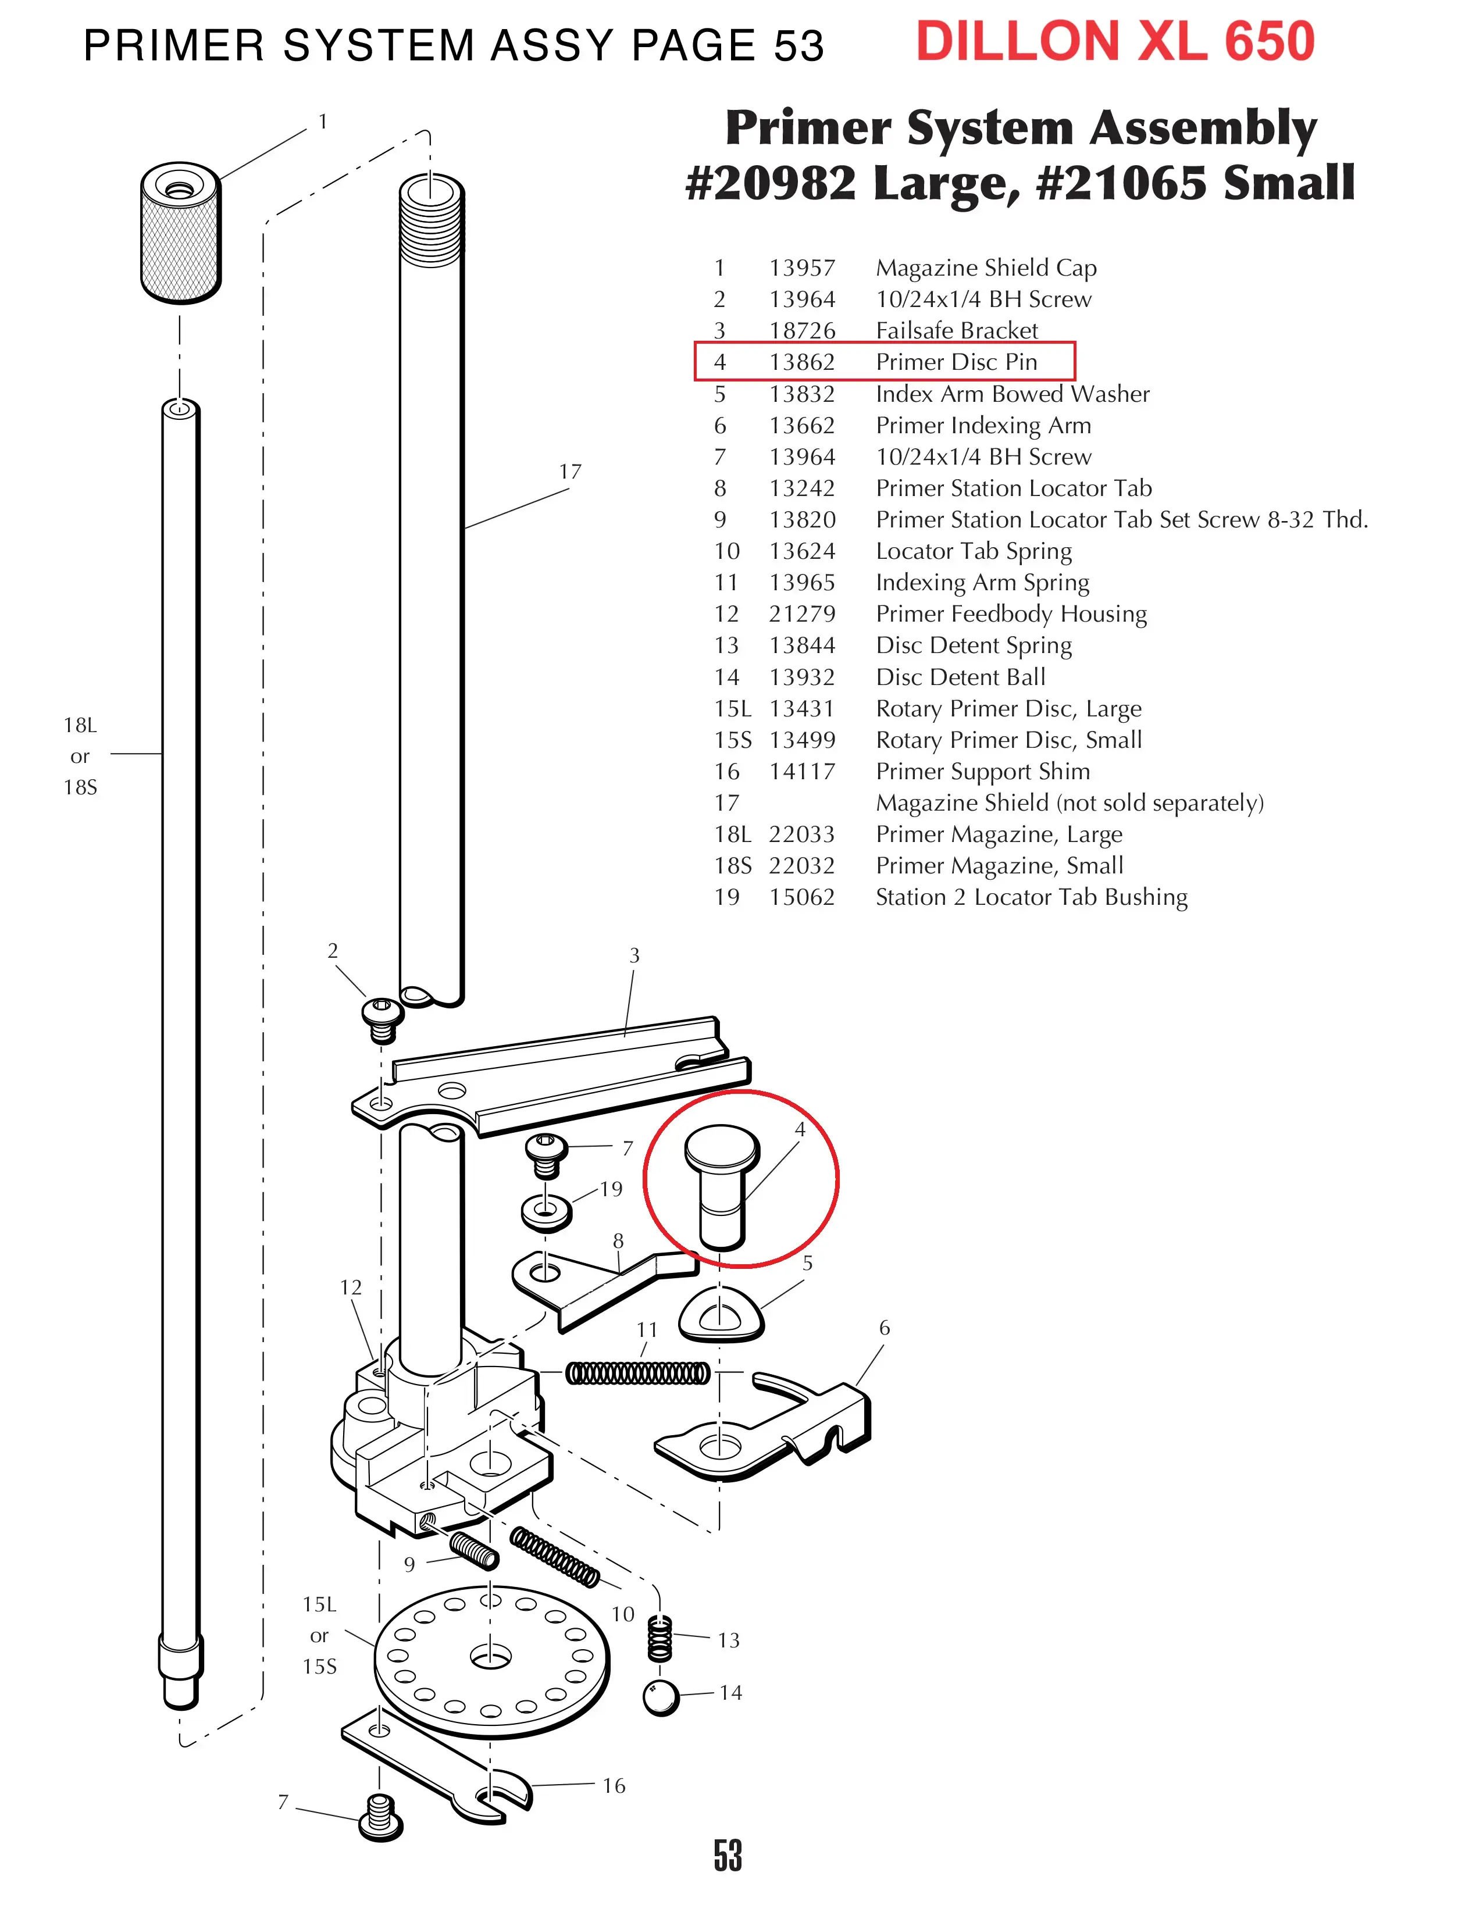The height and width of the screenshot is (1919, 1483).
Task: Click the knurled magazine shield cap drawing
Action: point(181,232)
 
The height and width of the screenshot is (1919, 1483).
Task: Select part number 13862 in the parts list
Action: point(801,362)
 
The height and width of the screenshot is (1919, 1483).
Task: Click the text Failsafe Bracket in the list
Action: point(956,330)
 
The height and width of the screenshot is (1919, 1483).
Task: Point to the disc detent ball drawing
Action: point(661,1697)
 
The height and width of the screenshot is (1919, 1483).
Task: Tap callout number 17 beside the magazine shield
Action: point(570,472)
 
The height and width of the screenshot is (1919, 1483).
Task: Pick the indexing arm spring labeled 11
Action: point(637,1372)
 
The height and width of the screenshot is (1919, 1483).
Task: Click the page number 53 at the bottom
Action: point(728,1856)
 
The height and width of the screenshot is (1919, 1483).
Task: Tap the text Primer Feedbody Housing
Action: point(1010,613)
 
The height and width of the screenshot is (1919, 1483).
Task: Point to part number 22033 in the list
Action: point(801,834)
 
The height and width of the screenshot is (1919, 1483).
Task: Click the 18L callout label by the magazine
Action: point(80,725)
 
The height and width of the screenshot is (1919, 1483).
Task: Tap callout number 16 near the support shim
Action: point(614,1785)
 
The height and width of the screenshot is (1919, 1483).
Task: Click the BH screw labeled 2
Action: point(382,1018)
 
